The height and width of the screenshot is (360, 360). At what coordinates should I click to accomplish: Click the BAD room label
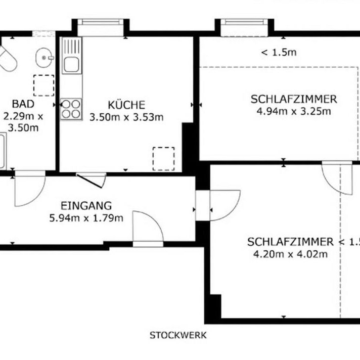23,104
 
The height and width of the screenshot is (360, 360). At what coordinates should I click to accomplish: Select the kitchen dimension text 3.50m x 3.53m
126,118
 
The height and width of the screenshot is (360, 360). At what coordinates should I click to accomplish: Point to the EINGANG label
86,206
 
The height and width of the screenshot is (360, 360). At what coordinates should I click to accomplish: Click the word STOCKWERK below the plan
178,335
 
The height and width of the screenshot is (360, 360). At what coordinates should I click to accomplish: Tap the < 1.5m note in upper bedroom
278,52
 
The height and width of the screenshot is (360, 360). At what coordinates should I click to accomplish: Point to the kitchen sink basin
70,64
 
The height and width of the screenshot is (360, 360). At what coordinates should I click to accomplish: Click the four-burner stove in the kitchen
71,108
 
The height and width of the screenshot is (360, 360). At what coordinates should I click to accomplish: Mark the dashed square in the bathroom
43,85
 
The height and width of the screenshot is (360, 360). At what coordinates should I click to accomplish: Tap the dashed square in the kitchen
163,158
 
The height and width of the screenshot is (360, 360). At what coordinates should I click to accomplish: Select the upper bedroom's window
241,28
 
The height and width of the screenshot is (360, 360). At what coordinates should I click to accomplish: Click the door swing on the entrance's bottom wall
148,229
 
